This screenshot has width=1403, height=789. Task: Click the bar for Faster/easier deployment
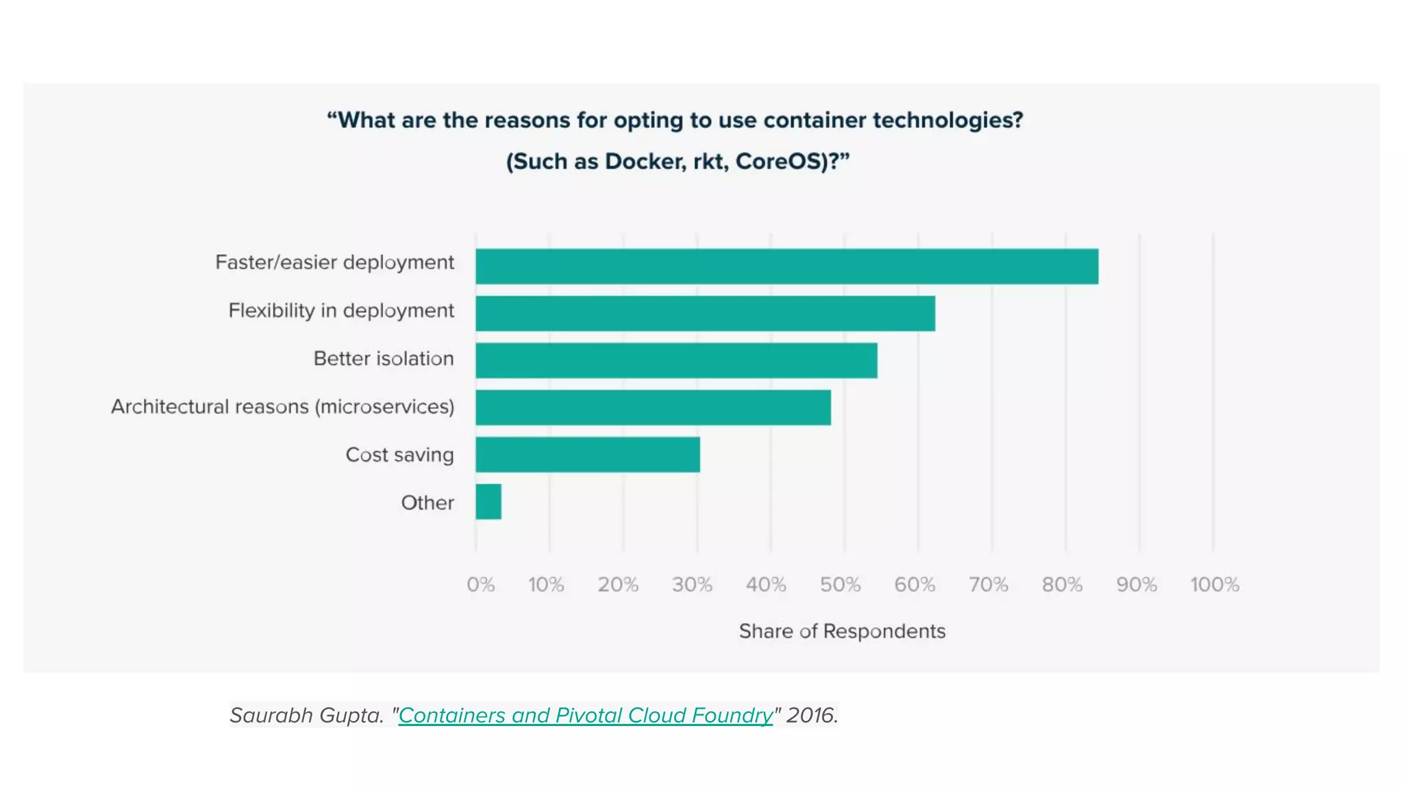(x=786, y=266)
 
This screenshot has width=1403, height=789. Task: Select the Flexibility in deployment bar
(x=705, y=314)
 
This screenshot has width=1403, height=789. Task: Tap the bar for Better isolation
(x=676, y=360)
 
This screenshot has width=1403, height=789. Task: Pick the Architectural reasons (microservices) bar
(x=653, y=408)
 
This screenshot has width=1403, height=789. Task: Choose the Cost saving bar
(x=588, y=455)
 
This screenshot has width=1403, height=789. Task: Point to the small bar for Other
(x=488, y=501)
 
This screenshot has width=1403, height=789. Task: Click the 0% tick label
(x=480, y=584)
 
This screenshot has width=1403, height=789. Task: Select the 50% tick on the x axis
(x=840, y=584)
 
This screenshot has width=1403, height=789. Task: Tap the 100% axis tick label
(x=1214, y=584)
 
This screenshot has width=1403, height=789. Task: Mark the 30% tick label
(x=692, y=584)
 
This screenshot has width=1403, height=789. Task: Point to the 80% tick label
(x=1062, y=584)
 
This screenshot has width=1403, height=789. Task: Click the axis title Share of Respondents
(x=842, y=631)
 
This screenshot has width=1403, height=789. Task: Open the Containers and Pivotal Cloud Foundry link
(x=586, y=715)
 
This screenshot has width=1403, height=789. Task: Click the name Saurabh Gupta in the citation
(x=306, y=715)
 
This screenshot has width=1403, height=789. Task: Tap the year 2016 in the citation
(x=811, y=715)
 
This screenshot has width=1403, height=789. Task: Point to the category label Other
(x=427, y=503)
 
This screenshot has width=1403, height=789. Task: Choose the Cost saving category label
(x=399, y=455)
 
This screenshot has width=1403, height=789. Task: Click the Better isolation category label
(x=384, y=359)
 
